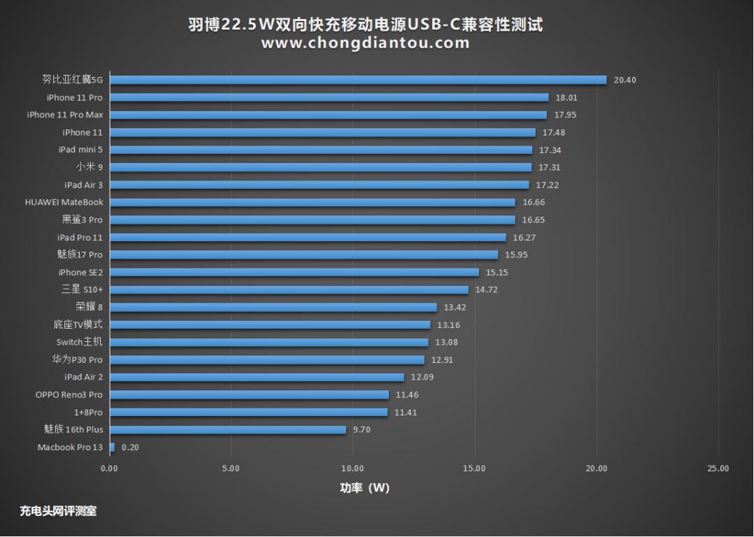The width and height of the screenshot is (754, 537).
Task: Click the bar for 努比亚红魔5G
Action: (x=357, y=80)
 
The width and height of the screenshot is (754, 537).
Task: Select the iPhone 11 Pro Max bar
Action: (x=328, y=115)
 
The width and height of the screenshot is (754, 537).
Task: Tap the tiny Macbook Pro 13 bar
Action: (x=112, y=447)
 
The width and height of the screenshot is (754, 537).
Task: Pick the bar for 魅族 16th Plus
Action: (x=228, y=430)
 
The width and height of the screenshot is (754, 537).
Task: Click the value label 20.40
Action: (x=625, y=80)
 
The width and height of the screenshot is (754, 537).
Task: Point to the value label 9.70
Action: (x=362, y=430)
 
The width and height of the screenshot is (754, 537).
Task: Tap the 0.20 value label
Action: (x=130, y=447)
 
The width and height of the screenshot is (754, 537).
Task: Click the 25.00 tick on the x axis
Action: (x=718, y=468)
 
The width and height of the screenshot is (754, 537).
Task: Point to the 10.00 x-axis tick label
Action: (x=353, y=468)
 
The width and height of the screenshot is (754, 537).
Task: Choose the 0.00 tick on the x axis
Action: (x=110, y=468)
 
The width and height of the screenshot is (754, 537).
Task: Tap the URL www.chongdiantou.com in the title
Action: (x=365, y=43)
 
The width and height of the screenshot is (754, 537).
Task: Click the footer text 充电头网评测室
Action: (x=58, y=511)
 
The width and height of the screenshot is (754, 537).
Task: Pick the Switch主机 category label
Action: (x=79, y=343)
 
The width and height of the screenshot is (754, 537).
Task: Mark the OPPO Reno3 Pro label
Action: (x=69, y=395)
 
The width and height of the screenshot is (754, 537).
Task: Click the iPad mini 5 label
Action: (x=80, y=150)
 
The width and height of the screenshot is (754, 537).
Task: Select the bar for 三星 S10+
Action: (x=289, y=289)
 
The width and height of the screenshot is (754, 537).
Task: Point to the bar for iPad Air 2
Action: (x=257, y=378)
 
